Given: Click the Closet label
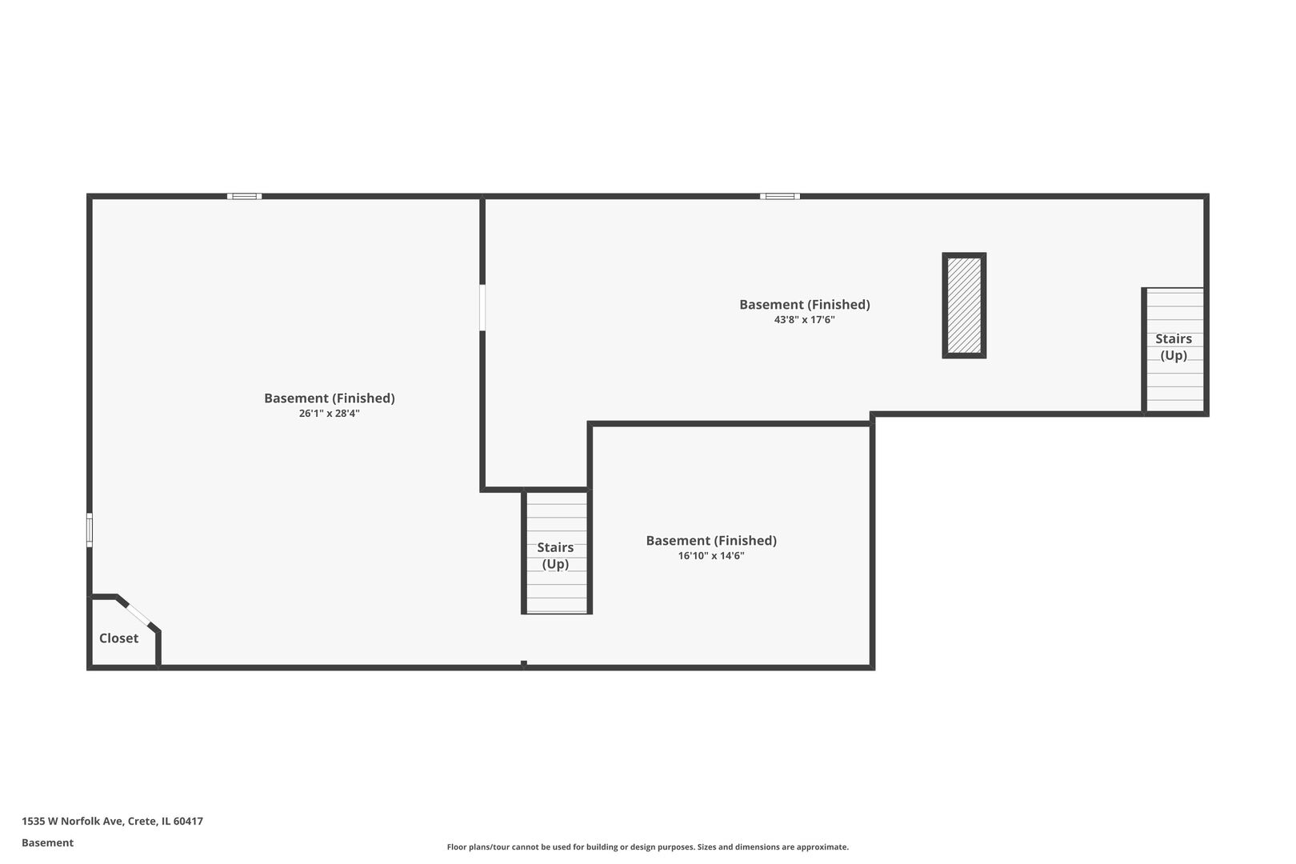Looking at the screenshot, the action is [118, 638].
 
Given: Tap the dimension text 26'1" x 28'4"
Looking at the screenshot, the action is [330, 413].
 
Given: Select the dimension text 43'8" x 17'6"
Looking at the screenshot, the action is [804, 319].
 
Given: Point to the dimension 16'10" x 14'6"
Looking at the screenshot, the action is [711, 555].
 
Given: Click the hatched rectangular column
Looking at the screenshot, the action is [964, 305].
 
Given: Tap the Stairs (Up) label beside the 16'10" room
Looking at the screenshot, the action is [555, 555].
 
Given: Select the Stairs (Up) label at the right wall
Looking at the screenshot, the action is [1174, 346].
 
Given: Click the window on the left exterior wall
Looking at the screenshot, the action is [90, 530].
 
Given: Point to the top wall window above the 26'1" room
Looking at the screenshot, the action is [244, 196].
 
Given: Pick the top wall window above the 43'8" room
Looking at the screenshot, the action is [780, 196].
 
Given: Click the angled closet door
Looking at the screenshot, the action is [138, 614].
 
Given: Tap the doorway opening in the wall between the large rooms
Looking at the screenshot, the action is [482, 307].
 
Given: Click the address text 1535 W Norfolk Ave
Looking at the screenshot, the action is [72, 821].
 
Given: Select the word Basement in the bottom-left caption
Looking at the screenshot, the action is [47, 842].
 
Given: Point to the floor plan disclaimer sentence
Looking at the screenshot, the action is [647, 846].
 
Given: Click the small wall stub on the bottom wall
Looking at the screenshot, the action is [524, 664].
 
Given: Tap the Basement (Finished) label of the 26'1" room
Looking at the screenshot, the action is [330, 398].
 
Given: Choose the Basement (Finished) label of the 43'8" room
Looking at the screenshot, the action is [804, 304].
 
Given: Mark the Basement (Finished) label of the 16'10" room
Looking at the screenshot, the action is [711, 541].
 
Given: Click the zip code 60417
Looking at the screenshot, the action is [188, 821].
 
